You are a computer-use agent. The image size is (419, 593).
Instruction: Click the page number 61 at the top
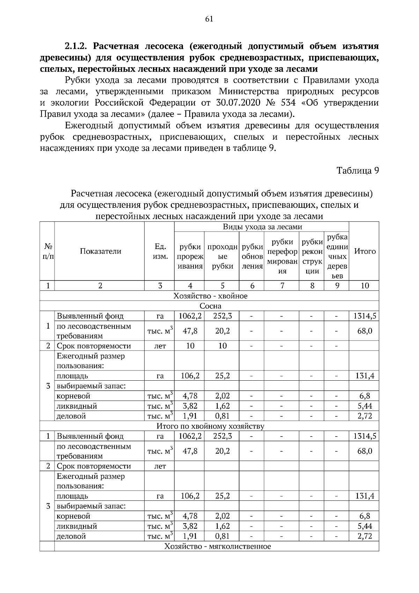[x=209, y=19]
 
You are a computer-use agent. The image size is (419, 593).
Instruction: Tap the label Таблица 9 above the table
[x=358, y=171]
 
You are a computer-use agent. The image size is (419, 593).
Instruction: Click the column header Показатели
[x=101, y=251]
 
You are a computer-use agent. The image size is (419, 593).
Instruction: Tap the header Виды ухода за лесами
[x=262, y=227]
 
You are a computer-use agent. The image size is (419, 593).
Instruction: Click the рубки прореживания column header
[x=190, y=256]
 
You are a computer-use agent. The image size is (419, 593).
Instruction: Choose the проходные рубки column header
[x=222, y=256]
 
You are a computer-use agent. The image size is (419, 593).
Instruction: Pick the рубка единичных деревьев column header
[x=337, y=256]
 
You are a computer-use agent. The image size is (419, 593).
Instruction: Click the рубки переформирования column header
[x=282, y=256]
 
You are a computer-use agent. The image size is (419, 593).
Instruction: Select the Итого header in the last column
[x=365, y=251]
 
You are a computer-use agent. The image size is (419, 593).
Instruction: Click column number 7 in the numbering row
[x=282, y=286]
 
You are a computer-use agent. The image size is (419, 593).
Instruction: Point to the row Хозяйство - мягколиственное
[x=218, y=546]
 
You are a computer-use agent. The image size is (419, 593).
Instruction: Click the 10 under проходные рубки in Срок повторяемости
[x=222, y=346]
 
